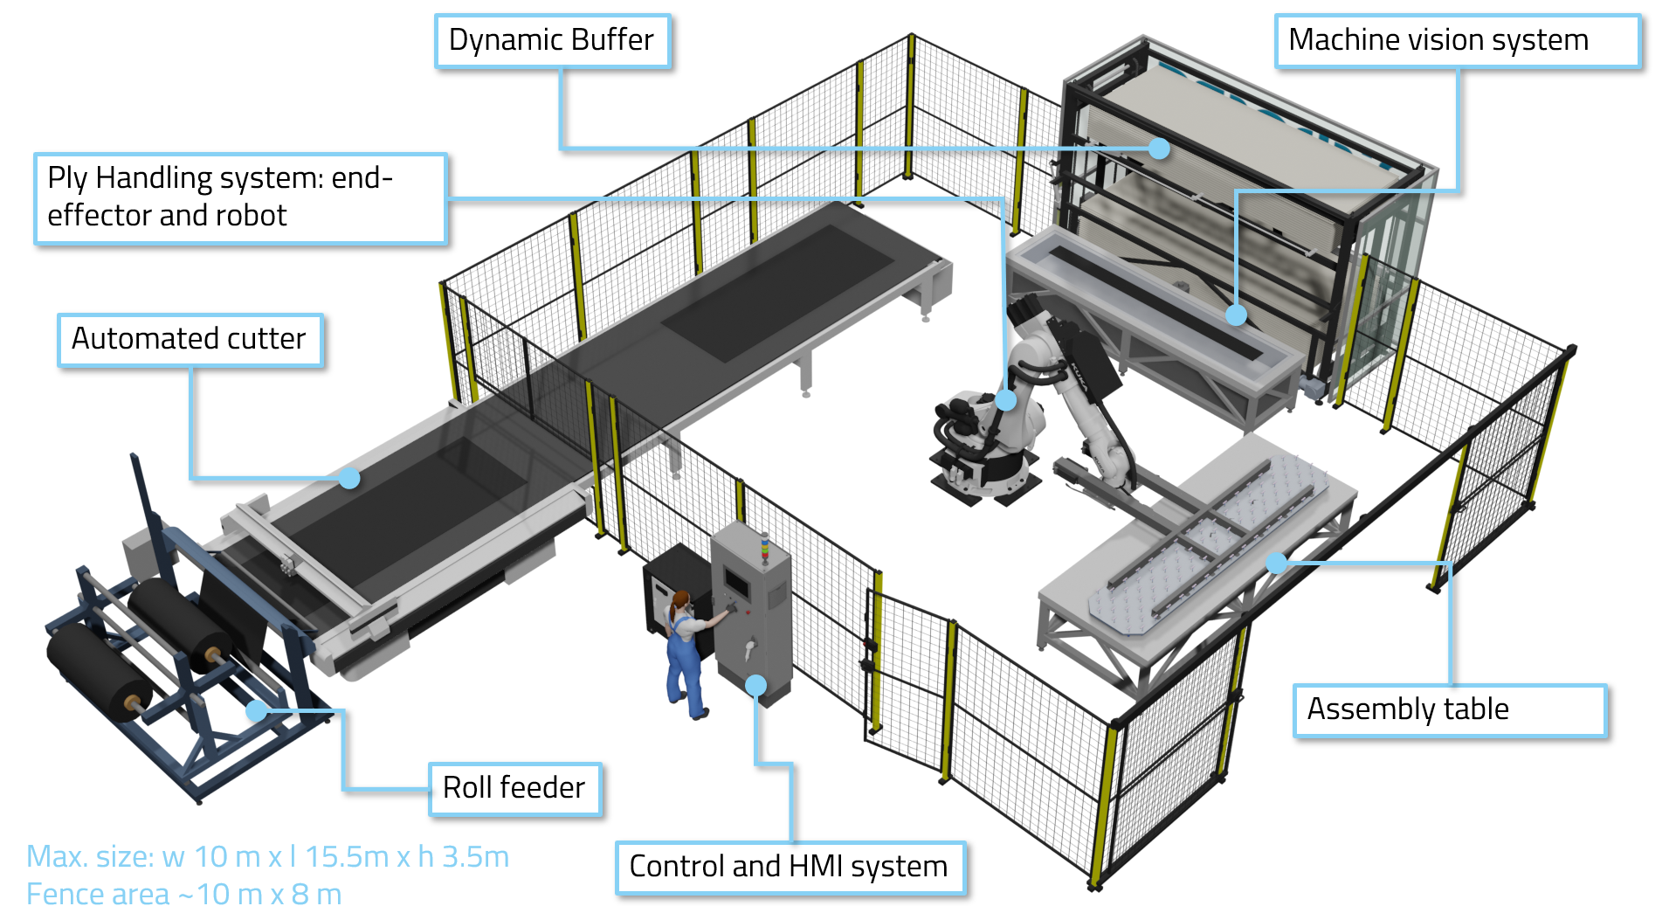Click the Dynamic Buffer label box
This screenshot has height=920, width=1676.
point(552,41)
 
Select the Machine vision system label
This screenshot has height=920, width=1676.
point(1457,41)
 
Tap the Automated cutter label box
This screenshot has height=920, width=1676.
point(190,340)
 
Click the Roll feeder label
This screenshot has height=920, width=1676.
point(514,789)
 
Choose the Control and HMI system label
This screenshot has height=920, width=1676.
point(790,868)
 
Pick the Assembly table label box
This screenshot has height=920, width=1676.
point(1449,710)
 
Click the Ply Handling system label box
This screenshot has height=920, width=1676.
point(240,198)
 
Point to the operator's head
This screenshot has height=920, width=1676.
point(680,601)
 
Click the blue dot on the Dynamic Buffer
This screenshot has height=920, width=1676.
point(1159,149)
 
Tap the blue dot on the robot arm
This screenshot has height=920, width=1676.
point(1006,400)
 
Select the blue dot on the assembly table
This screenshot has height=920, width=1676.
point(1276,563)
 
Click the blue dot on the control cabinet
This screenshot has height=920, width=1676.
point(756,685)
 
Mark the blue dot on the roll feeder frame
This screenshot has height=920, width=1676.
point(256,711)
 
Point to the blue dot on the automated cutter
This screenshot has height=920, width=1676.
point(349,478)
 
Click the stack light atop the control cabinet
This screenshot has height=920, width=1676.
point(765,547)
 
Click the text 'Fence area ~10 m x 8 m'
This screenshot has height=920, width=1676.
point(183,895)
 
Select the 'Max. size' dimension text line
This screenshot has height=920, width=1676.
point(267,857)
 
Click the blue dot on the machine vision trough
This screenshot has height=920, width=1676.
point(1236,315)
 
